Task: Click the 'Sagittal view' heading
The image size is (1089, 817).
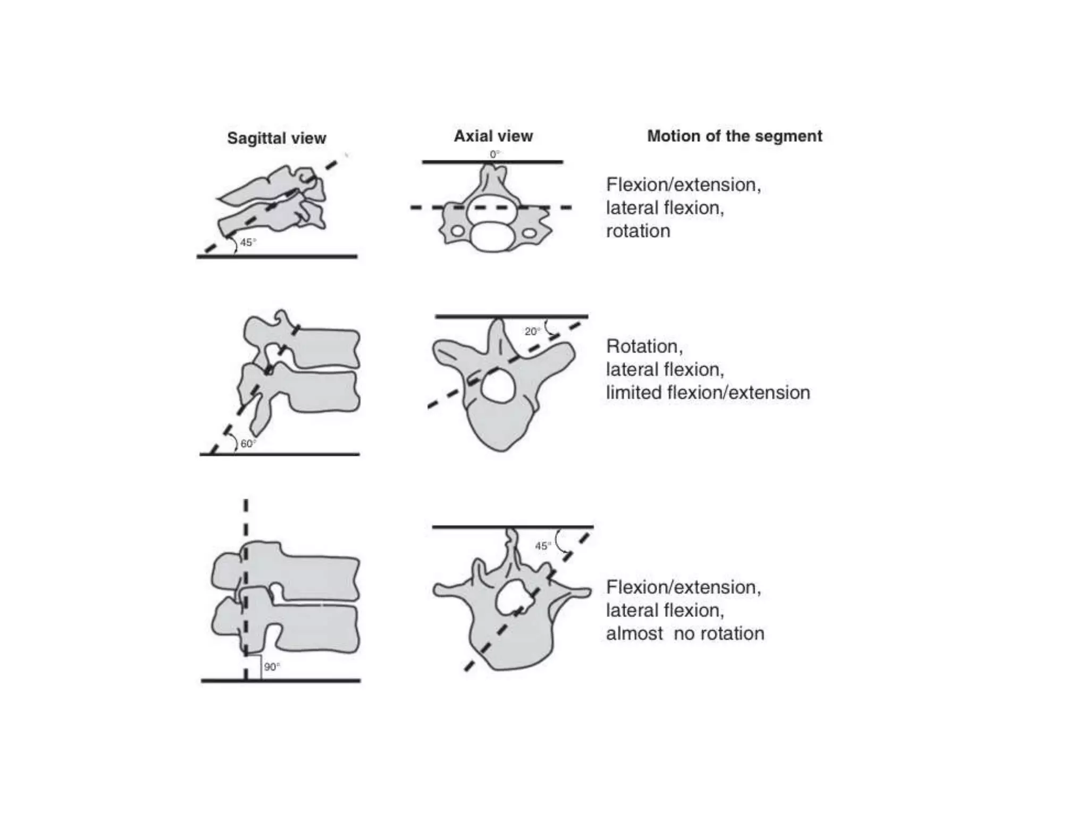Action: (x=276, y=138)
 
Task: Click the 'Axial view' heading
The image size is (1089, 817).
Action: (x=493, y=136)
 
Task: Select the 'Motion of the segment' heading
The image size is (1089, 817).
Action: (x=734, y=136)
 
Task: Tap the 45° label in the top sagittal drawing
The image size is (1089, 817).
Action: (x=247, y=243)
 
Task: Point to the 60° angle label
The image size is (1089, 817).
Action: (x=248, y=444)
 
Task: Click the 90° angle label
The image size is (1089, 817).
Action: (x=272, y=667)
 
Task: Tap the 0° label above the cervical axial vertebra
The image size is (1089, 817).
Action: (x=495, y=154)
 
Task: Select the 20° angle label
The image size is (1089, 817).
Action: (x=532, y=331)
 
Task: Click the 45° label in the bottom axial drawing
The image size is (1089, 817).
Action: (x=542, y=546)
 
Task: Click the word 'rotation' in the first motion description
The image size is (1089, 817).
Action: (x=638, y=231)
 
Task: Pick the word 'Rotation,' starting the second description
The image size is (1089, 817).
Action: (x=644, y=346)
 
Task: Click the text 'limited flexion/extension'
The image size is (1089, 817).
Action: (x=708, y=393)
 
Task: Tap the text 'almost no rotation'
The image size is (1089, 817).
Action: (x=685, y=633)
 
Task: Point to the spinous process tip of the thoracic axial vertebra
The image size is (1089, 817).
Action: (x=498, y=322)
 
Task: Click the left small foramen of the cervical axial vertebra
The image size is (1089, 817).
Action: (x=457, y=231)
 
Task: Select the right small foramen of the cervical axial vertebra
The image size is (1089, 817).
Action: (x=530, y=233)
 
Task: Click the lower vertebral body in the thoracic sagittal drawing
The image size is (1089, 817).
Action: (x=319, y=391)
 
